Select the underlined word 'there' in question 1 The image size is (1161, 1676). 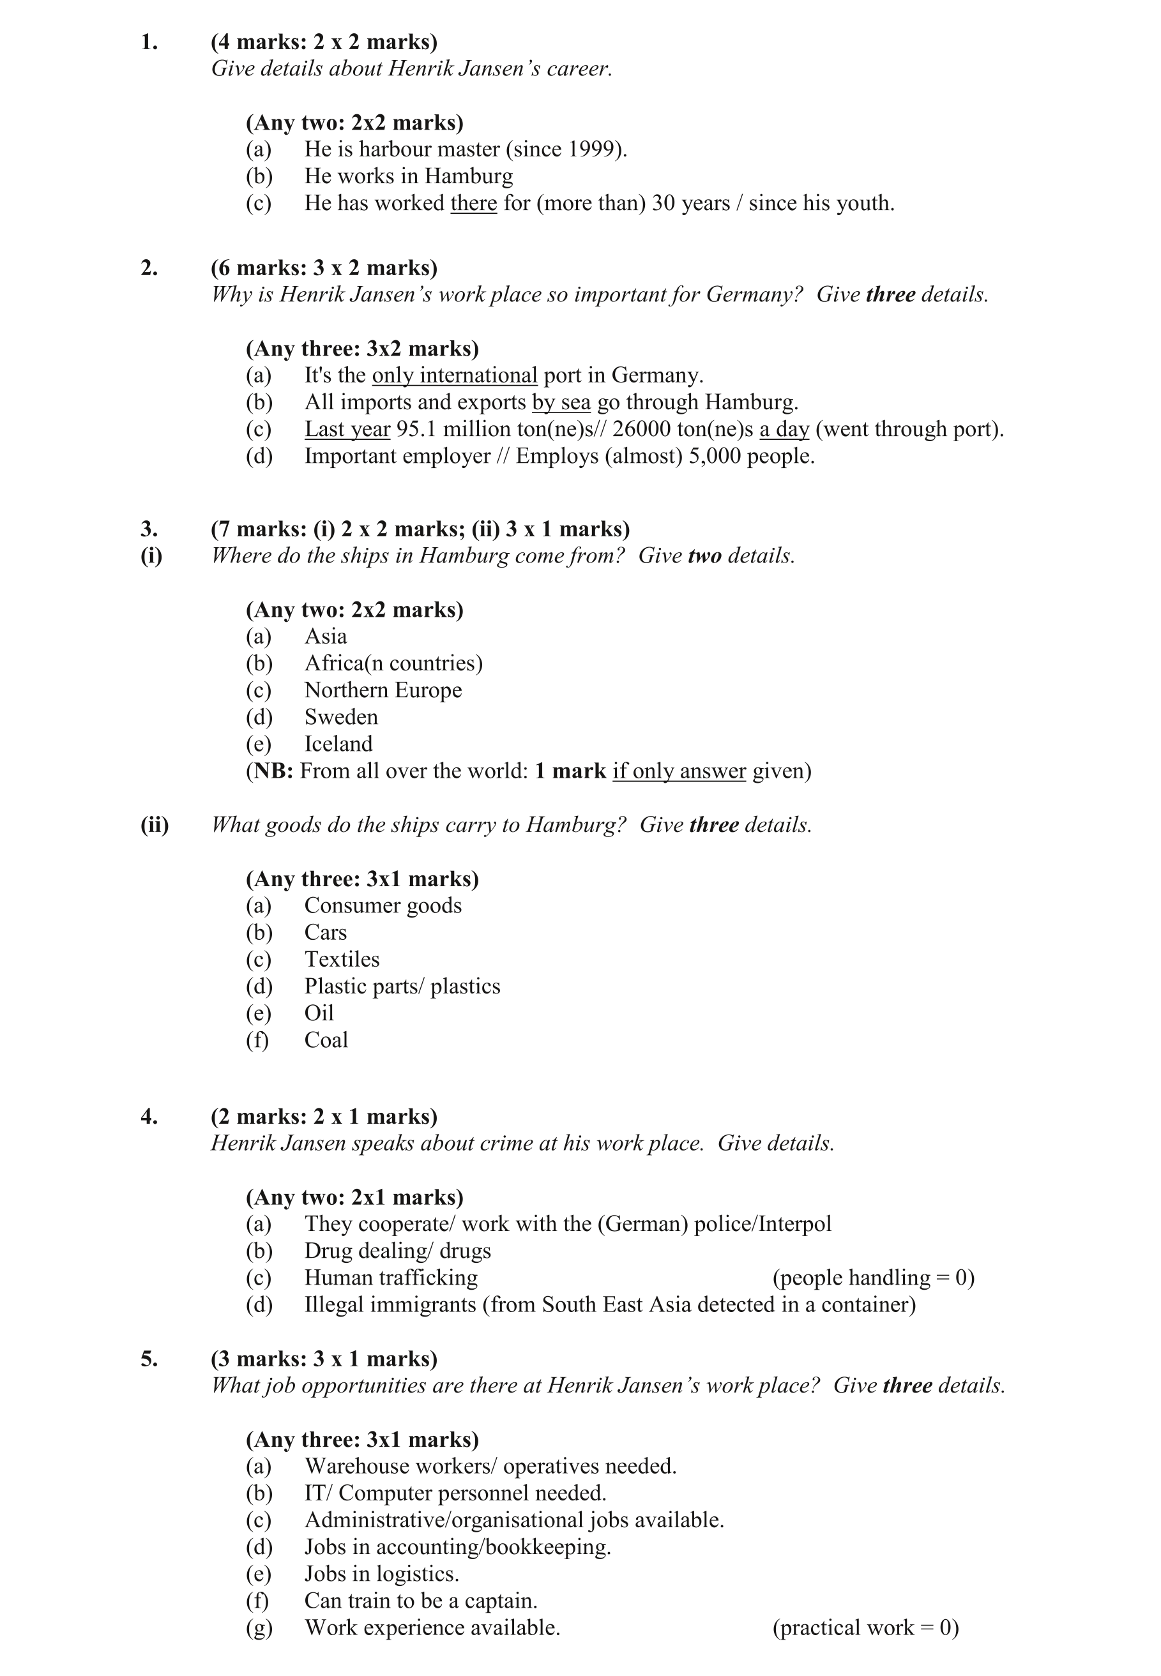pos(474,203)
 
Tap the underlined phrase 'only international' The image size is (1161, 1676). pos(455,375)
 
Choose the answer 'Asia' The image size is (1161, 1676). pos(325,636)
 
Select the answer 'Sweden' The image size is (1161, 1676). pos(340,717)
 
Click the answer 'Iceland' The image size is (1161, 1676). pos(338,744)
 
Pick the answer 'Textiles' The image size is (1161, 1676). pos(342,959)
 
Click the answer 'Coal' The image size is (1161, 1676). pos(326,1040)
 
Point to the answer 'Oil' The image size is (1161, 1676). pos(319,1013)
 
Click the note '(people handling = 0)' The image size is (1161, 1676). pos(873,1278)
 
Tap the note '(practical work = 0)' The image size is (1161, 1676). pos(866,1627)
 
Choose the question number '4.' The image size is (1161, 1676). pos(149,1117)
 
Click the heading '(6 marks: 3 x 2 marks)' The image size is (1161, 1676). pos(324,268)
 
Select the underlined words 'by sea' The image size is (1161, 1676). pos(561,402)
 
